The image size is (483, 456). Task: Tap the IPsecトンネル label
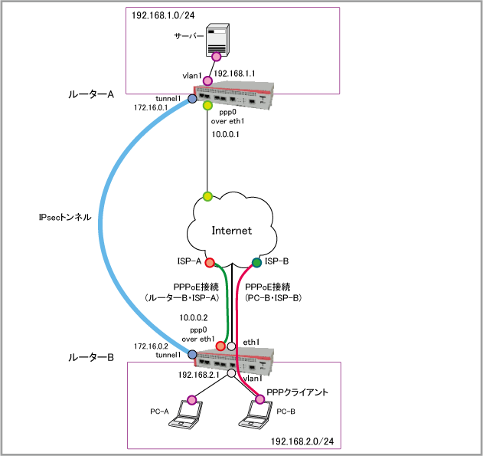[x=65, y=217]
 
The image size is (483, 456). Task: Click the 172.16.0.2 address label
[x=151, y=346]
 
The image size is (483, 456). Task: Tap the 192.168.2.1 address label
[x=198, y=376]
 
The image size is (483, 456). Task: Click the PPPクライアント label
[x=299, y=392]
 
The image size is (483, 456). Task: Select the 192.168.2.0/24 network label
[x=300, y=441]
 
